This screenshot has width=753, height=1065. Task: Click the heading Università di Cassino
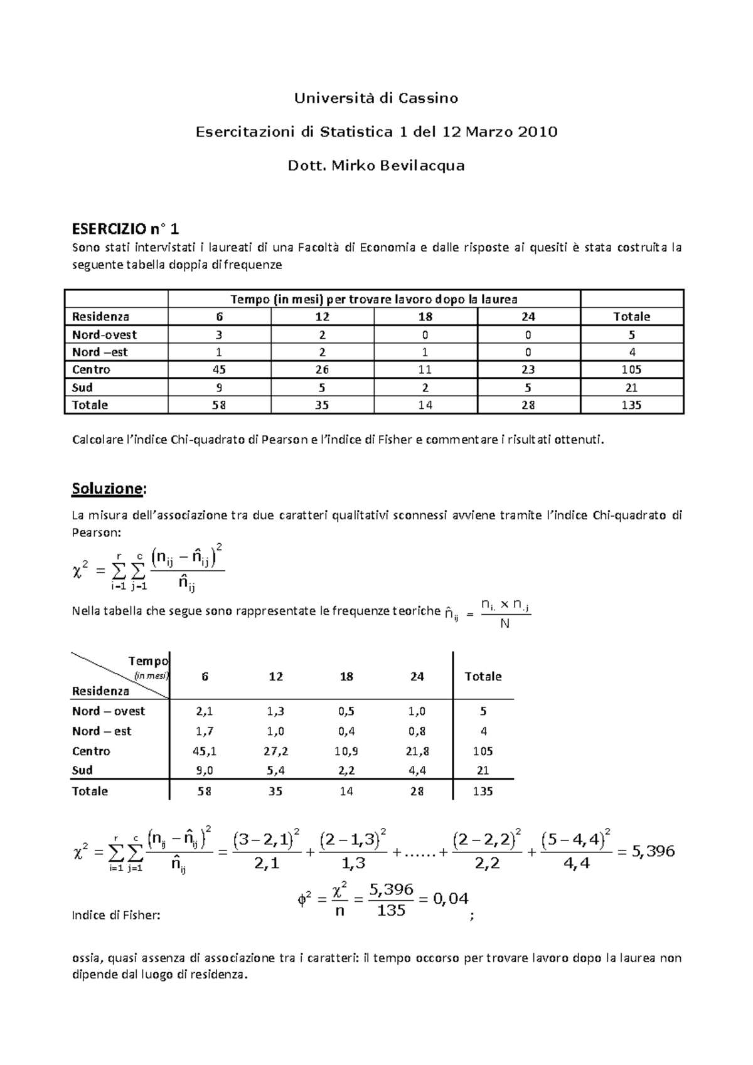click(376, 98)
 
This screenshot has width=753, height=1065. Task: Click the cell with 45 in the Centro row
click(220, 369)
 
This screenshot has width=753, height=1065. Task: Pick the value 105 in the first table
click(631, 369)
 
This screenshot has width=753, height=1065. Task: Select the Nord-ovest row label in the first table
click(104, 334)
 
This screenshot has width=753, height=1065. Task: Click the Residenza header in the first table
click(100, 317)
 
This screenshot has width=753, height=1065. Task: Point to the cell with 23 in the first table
click(528, 369)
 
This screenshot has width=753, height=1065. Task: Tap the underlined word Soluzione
click(108, 488)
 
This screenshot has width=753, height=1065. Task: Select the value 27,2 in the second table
click(275, 751)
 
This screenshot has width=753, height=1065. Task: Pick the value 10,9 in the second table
click(346, 751)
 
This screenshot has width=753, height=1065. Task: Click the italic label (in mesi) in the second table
click(151, 676)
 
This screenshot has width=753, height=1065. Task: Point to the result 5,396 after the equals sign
click(653, 851)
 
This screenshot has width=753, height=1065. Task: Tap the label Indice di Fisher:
click(116, 915)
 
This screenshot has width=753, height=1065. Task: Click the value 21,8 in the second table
click(417, 751)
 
